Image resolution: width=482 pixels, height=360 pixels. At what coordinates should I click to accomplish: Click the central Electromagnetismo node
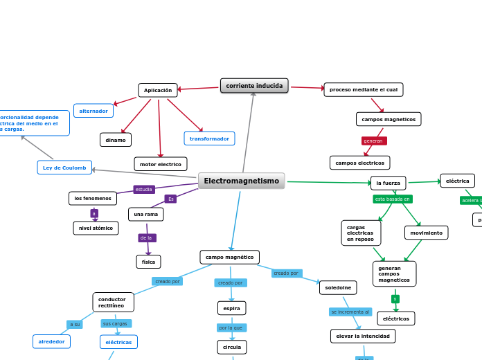[241, 181]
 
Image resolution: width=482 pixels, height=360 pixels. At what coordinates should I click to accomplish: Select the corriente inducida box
[254, 86]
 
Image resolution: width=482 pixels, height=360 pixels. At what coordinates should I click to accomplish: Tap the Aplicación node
[158, 90]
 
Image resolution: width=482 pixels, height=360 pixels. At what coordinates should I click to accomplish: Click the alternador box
[93, 111]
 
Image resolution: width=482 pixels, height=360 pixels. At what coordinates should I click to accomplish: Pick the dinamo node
[116, 140]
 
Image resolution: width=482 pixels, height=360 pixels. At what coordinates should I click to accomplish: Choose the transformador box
[209, 138]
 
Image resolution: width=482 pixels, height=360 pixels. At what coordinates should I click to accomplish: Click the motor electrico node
[161, 164]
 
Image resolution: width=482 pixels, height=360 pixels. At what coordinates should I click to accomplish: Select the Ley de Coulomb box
[64, 168]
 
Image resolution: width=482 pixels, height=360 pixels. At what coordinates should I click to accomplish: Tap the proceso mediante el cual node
[363, 89]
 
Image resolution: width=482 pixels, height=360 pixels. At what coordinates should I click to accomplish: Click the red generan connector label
[373, 141]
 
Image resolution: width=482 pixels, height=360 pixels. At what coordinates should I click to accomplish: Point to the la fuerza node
[388, 183]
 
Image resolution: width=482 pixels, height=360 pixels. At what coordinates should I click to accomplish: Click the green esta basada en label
[393, 199]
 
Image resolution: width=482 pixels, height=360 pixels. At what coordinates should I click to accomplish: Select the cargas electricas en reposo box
[361, 233]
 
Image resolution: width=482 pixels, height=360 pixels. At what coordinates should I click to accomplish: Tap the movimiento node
[426, 233]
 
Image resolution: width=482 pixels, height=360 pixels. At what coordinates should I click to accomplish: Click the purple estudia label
[144, 189]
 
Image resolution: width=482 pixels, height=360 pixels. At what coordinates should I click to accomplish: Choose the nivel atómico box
[96, 228]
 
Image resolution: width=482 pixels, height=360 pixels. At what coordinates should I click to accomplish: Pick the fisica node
[148, 262]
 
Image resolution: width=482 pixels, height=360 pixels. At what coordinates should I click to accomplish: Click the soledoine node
[338, 287]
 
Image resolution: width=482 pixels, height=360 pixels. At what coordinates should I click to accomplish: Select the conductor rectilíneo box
[113, 302]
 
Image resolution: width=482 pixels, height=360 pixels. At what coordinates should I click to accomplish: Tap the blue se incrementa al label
[350, 312]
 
